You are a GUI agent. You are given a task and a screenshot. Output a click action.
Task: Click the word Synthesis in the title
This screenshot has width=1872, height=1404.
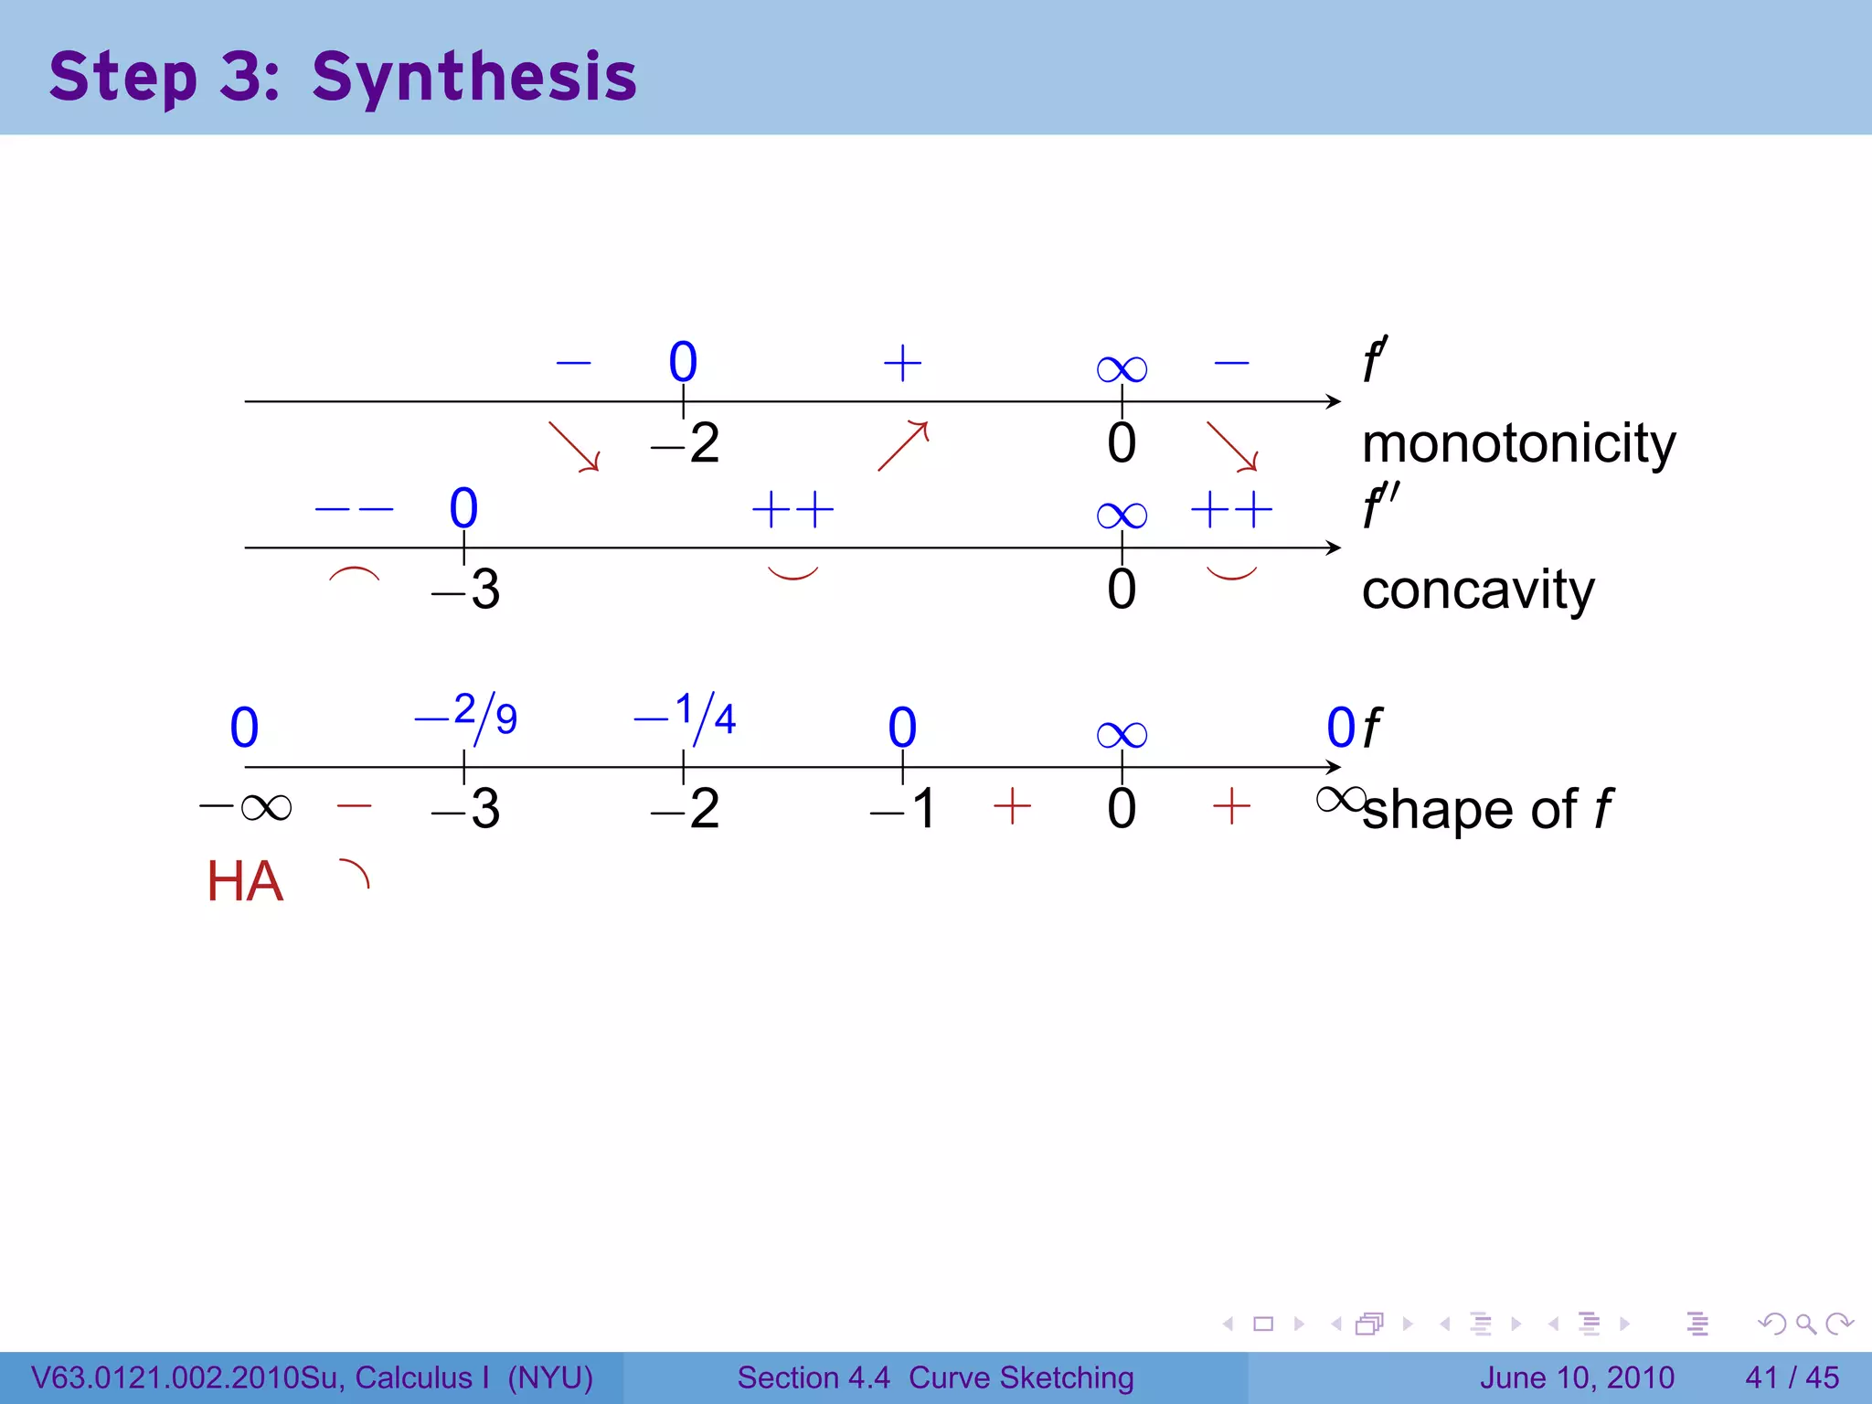pyautogui.click(x=473, y=78)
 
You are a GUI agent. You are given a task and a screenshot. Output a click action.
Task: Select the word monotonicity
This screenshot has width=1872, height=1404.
pyautogui.click(x=1518, y=444)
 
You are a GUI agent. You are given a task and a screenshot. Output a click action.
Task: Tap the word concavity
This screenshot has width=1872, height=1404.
pyautogui.click(x=1477, y=590)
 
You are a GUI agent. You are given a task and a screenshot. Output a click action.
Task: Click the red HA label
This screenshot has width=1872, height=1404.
pyautogui.click(x=245, y=882)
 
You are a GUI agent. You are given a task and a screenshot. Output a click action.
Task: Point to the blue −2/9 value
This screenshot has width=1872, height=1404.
pyautogui.click(x=466, y=715)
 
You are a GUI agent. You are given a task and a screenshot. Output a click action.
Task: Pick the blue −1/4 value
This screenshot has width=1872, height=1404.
pyautogui.click(x=686, y=715)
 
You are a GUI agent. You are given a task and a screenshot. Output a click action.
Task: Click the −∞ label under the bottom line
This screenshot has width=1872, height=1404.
pyautogui.click(x=246, y=807)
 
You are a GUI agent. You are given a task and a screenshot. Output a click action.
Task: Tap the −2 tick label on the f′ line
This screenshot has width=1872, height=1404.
pyautogui.click(x=686, y=444)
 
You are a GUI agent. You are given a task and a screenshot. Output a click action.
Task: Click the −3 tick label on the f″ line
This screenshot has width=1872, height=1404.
pyautogui.click(x=466, y=590)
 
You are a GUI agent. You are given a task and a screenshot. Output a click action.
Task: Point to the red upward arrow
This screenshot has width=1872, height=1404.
pyautogui.click(x=903, y=445)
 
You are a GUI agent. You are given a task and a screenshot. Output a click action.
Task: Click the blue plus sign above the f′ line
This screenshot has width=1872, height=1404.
pyautogui.click(x=902, y=363)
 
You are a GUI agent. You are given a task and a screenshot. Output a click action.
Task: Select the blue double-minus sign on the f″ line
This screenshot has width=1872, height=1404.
pyautogui.click(x=354, y=509)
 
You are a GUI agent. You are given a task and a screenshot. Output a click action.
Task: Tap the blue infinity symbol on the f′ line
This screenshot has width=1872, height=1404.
pyautogui.click(x=1122, y=369)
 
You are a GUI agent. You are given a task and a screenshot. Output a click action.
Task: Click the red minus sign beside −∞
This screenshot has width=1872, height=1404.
pyautogui.click(x=354, y=806)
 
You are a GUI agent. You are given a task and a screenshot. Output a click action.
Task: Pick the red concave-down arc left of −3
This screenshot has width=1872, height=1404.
pyautogui.click(x=354, y=575)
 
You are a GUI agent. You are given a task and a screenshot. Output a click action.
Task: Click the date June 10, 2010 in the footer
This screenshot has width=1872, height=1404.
pyautogui.click(x=1577, y=1377)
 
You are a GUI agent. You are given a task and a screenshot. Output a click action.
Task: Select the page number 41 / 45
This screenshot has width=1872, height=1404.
pyautogui.click(x=1792, y=1377)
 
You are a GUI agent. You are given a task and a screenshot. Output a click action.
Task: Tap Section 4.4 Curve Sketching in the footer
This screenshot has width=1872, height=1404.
pyautogui.click(x=935, y=1377)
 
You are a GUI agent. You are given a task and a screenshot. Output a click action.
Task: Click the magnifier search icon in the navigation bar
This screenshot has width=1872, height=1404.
pyautogui.click(x=1805, y=1324)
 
